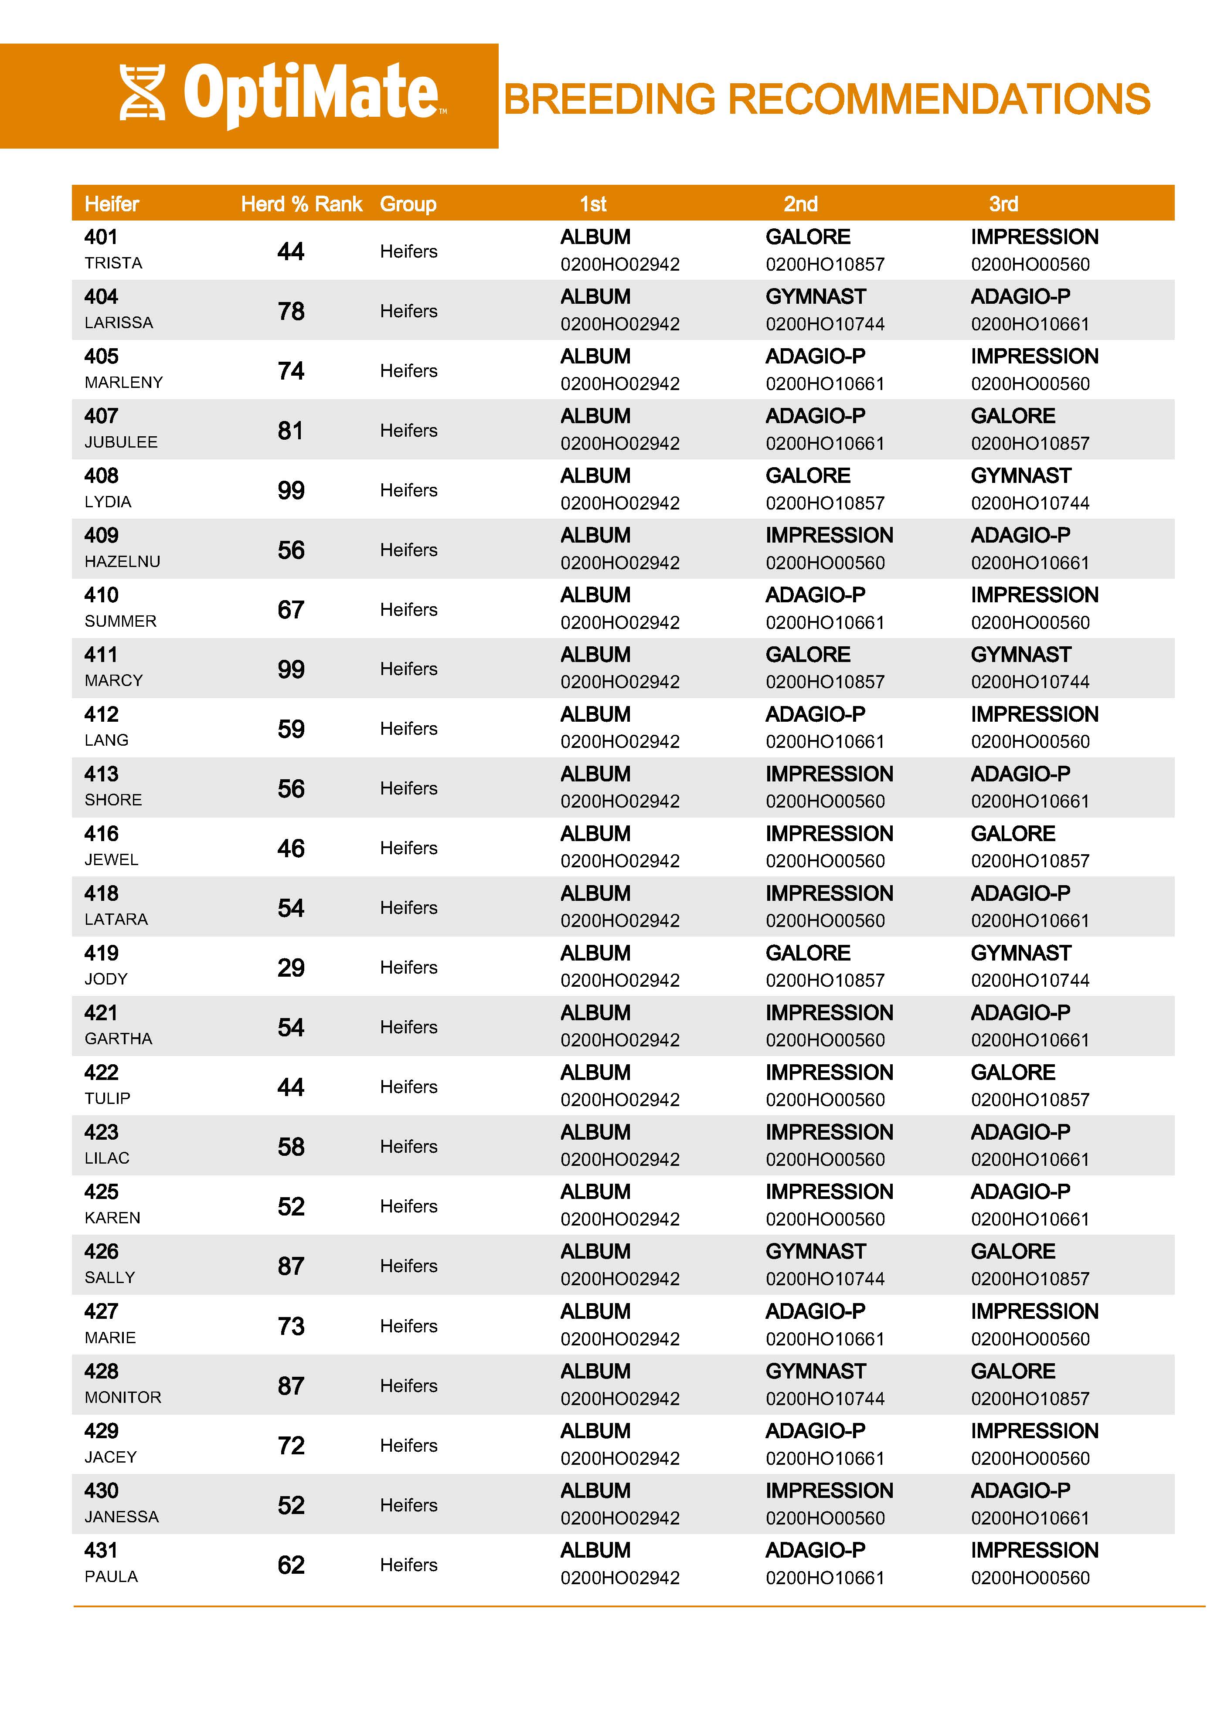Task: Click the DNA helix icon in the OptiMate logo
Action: coord(142,93)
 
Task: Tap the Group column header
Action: coord(408,204)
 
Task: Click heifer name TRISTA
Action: coord(113,263)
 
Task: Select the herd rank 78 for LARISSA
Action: coord(291,311)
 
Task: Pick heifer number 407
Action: coord(101,416)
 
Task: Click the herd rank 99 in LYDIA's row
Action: coord(291,491)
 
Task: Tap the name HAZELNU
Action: coord(122,562)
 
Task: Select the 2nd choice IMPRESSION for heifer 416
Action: coord(829,834)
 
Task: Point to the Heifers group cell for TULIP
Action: coord(408,1086)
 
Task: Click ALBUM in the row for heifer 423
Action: coord(595,1132)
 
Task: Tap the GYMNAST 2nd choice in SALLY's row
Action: coord(815,1251)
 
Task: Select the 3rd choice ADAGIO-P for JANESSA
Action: coord(1020,1491)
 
